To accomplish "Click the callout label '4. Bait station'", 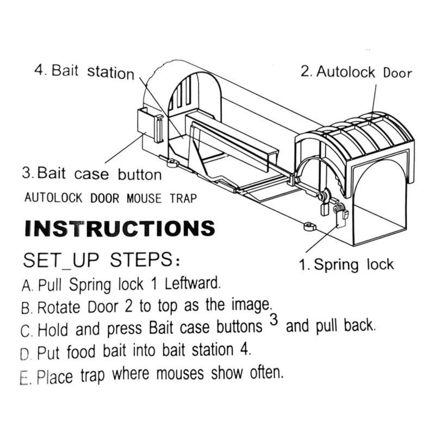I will (x=84, y=72).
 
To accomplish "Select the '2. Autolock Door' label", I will (x=356, y=72).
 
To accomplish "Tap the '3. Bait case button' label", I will (x=92, y=175).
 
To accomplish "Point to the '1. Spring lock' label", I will (x=346, y=265).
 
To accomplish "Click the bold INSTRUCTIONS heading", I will (x=120, y=228).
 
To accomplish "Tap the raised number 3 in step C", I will (x=274, y=321).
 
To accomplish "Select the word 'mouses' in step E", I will (x=181, y=375).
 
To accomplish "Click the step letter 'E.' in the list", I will (x=26, y=378).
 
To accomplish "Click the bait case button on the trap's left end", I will (x=148, y=125).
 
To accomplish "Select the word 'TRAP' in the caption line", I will (x=180, y=198).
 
